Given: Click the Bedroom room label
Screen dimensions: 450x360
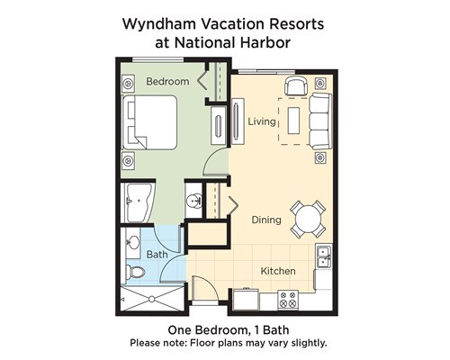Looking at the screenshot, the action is [167, 82].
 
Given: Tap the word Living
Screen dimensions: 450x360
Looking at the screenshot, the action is [262, 121].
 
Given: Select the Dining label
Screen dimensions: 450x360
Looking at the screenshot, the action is [266, 220].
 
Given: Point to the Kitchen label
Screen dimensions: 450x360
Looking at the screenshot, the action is [278, 271].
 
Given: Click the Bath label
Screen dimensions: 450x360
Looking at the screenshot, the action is [157, 255].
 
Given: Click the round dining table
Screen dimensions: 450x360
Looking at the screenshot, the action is [308, 220].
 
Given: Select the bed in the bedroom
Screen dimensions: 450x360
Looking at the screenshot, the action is [149, 122].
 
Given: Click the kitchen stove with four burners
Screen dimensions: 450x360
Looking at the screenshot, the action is [288, 301].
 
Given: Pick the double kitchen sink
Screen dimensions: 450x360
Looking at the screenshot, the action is [324, 256].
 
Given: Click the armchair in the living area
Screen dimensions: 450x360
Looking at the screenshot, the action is [296, 85].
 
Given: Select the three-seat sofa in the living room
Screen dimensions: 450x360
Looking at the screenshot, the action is [320, 121].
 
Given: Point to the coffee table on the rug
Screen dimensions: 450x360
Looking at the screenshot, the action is [293, 121].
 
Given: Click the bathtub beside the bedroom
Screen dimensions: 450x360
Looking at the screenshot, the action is [139, 202].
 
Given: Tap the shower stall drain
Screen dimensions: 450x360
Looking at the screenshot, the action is [152, 299].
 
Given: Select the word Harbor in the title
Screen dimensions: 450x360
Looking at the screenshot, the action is [265, 42].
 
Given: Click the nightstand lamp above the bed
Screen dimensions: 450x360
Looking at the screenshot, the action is [128, 83].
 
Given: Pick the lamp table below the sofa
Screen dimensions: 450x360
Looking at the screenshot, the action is [320, 157].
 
